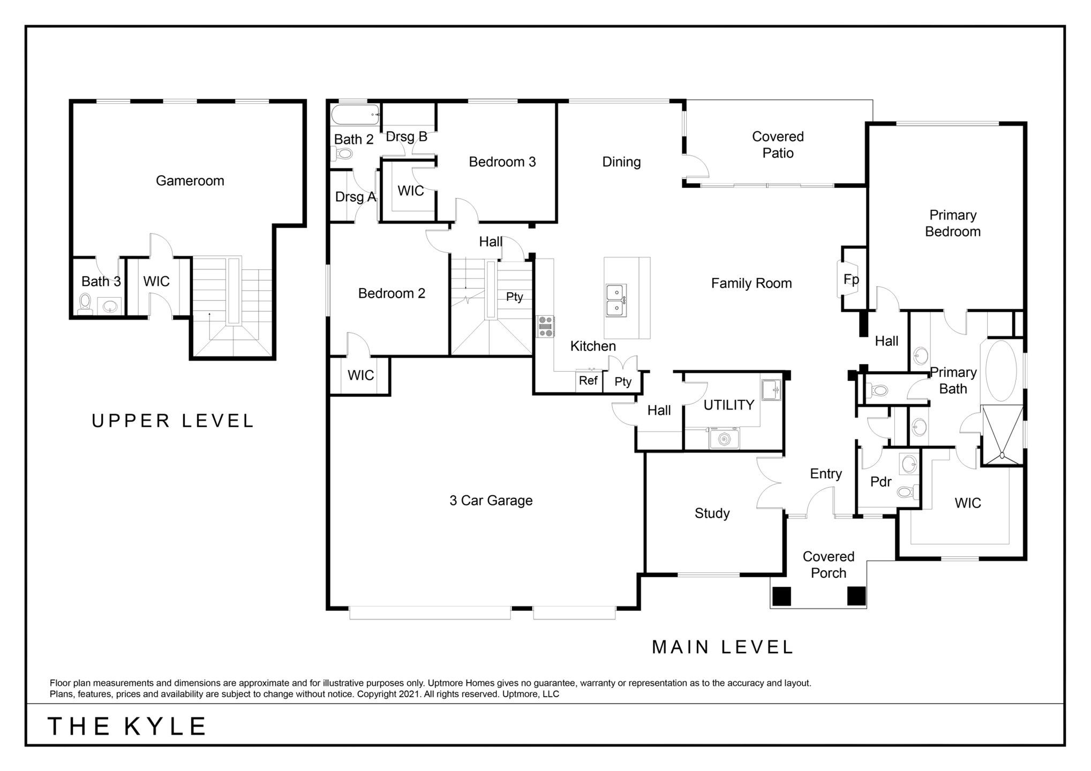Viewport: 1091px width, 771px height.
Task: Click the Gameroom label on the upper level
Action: [x=190, y=181]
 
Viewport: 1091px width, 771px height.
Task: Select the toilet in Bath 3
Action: [x=85, y=304]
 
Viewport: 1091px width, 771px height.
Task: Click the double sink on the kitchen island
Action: [x=615, y=300]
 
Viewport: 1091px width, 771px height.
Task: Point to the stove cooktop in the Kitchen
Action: [x=546, y=327]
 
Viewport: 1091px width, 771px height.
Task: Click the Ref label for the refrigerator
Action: [x=588, y=381]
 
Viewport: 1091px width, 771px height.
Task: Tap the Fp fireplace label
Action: [x=851, y=279]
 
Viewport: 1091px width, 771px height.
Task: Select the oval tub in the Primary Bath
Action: [x=1000, y=371]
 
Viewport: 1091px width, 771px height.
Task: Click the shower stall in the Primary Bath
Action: [x=1002, y=434]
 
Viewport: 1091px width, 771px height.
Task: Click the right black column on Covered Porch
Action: [x=856, y=596]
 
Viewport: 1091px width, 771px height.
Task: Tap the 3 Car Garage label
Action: [x=491, y=501]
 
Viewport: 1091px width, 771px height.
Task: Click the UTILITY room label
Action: [x=728, y=405]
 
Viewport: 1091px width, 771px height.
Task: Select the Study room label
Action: [x=712, y=513]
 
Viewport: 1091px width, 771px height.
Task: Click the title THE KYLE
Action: [x=127, y=727]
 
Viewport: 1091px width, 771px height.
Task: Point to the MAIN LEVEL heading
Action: [x=722, y=647]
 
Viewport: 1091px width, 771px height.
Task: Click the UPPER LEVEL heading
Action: [x=172, y=421]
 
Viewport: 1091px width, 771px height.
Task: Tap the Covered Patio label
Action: [x=778, y=145]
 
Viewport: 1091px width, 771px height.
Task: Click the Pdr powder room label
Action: [x=881, y=482]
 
